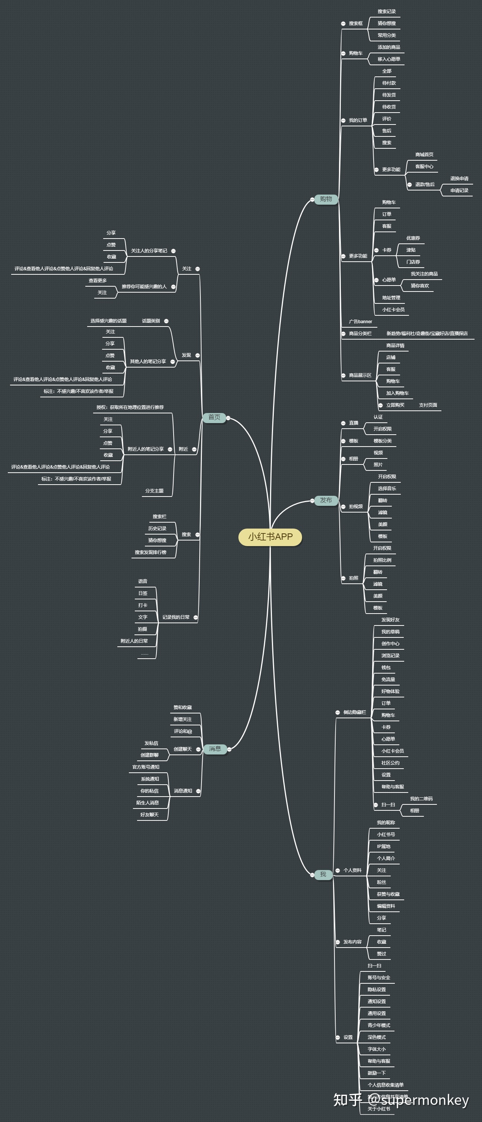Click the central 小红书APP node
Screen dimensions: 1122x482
(x=270, y=537)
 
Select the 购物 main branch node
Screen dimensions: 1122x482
(x=326, y=199)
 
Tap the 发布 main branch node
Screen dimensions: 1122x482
(x=326, y=500)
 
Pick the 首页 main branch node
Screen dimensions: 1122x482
(x=214, y=417)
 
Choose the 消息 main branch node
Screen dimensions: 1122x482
(x=215, y=749)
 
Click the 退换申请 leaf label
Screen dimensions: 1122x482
(x=459, y=179)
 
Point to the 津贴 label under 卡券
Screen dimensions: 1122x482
(x=410, y=250)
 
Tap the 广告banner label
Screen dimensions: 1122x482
(x=361, y=321)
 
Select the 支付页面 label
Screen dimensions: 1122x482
(x=428, y=405)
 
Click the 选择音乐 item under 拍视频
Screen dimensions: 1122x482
(x=387, y=489)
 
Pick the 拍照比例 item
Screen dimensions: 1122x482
(x=382, y=560)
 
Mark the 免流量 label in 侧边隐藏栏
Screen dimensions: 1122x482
(x=388, y=680)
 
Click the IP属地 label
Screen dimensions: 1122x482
(x=384, y=846)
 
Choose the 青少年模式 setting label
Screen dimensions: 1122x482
(x=378, y=1025)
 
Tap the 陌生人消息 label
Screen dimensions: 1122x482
(x=147, y=803)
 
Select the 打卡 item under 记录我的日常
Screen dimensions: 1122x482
(x=143, y=605)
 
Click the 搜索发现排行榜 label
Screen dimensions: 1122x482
(x=150, y=552)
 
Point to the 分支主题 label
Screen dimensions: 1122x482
(x=154, y=491)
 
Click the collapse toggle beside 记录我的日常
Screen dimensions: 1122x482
(x=196, y=617)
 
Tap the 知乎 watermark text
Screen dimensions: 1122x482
(x=347, y=1099)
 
